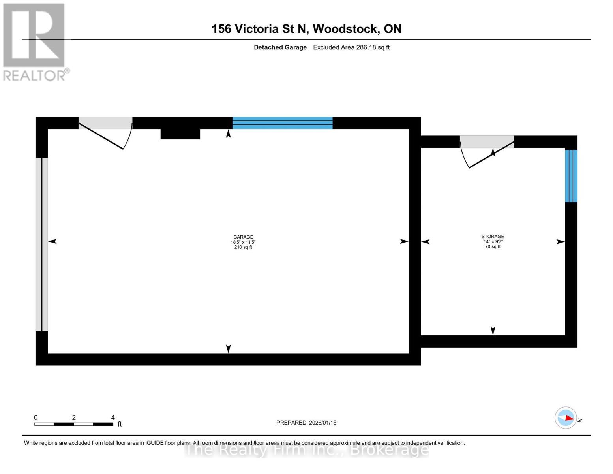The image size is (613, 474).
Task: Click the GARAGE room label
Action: coord(243,237)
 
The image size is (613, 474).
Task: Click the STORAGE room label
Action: coord(493,236)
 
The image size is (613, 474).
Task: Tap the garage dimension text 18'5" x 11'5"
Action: coord(243,242)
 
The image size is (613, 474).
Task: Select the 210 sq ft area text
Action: coord(243,247)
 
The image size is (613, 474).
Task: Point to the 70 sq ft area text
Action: coord(493,246)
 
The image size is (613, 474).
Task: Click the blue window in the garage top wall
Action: coord(283,123)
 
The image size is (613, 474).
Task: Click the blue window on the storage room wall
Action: coord(571,176)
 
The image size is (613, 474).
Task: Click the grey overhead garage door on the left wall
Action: coord(41,244)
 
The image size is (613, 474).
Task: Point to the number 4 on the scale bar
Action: coord(113,418)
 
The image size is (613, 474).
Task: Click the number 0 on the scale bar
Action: coord(36,418)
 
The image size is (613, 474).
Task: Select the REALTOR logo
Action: coord(34,41)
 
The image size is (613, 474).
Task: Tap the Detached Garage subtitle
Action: coord(280,47)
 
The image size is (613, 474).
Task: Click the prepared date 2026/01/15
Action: coord(322,423)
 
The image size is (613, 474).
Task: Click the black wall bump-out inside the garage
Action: coord(180,134)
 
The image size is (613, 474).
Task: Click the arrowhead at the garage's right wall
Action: coord(404,241)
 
